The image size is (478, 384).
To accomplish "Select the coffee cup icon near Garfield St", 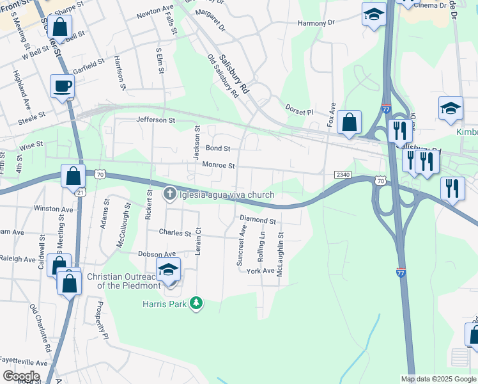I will coord(62,86).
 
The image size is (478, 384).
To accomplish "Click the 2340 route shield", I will coord(342,174).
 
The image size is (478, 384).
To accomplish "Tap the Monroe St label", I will coord(219,165).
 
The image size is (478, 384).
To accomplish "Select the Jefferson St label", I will coord(155,120).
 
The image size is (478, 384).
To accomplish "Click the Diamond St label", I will coord(258,221).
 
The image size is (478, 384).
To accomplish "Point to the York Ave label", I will coord(260,271).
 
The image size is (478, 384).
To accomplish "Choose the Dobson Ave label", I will coord(157,254).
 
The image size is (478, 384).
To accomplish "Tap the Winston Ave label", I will coord(54,209).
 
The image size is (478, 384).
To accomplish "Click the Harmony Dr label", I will coord(316,23).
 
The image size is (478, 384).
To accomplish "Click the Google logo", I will coord(20,376).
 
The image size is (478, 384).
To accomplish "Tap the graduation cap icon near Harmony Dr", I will coord(374,14).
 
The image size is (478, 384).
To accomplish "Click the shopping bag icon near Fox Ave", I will coord(349,122).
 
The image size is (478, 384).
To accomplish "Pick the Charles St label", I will coord(175,233).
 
